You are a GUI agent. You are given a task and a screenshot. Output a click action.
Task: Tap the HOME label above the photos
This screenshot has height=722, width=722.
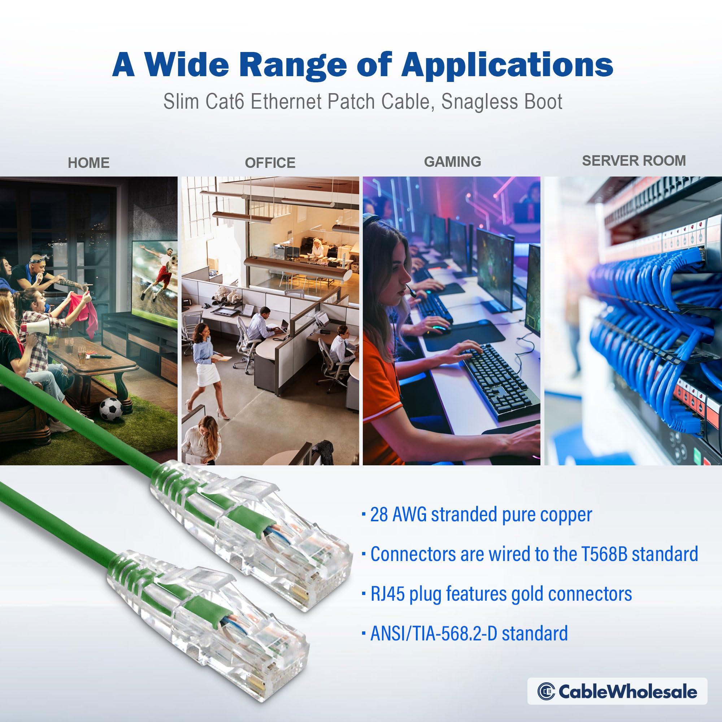88,163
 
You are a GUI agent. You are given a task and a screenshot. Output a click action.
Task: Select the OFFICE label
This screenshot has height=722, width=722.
270,163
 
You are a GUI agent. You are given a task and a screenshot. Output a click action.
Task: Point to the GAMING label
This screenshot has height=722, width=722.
452,161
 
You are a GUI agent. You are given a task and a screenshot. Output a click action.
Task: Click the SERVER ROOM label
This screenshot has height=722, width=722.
634,160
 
